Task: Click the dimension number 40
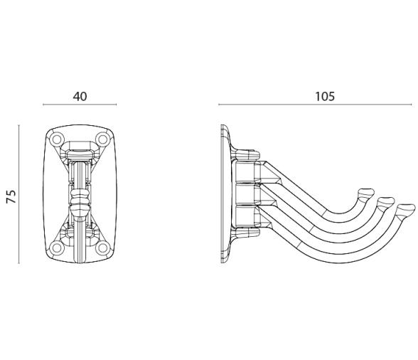coord(80,96)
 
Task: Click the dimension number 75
coord(11,196)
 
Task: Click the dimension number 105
coord(325,96)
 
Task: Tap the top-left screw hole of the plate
coord(57,139)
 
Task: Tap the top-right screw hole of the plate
coord(102,139)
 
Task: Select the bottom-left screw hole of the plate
coord(57,248)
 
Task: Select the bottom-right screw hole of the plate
coord(102,248)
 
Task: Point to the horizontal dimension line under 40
coord(80,105)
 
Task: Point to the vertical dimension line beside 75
coord(18,194)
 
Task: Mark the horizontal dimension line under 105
coord(315,105)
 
